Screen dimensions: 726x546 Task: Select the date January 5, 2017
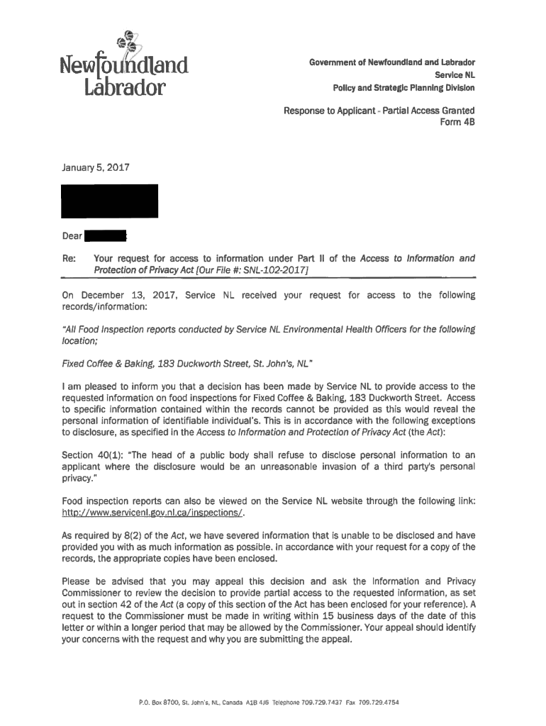point(93,169)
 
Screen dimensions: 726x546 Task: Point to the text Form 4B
point(459,122)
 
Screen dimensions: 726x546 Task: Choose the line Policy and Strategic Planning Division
point(403,88)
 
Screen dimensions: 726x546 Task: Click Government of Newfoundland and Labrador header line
point(391,62)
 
